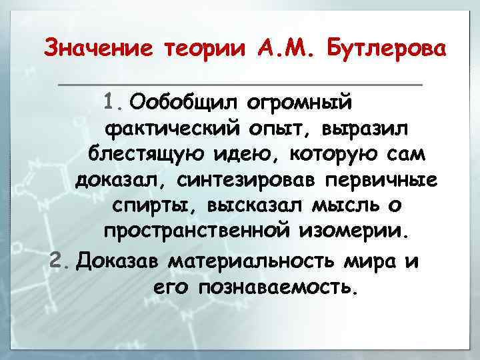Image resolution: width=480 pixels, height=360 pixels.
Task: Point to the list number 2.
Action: pos(61,260)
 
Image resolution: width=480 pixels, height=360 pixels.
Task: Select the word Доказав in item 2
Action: pos(119,260)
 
